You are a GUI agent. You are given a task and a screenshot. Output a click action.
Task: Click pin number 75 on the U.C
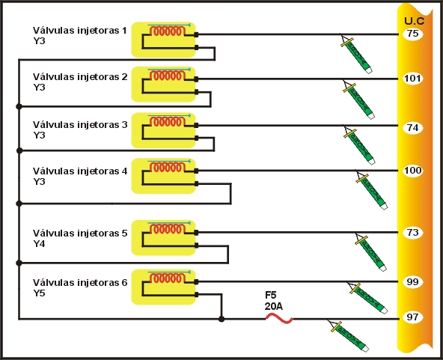412,34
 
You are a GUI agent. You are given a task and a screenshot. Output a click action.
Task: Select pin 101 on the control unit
412,79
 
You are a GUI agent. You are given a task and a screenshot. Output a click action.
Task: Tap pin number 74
412,127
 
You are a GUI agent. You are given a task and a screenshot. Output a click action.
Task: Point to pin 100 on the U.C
412,171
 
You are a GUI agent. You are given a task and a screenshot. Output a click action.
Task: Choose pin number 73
412,233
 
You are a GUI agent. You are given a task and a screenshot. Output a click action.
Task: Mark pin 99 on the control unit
412,282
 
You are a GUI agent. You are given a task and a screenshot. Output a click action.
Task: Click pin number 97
412,317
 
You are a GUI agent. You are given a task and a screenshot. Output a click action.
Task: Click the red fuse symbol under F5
279,318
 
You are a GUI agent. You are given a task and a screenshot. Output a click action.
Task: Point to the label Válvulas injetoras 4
80,171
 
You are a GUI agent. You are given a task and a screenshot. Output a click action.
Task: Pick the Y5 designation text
40,293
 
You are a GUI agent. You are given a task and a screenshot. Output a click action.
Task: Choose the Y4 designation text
40,244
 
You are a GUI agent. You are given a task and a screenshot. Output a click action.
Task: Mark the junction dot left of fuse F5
221,319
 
